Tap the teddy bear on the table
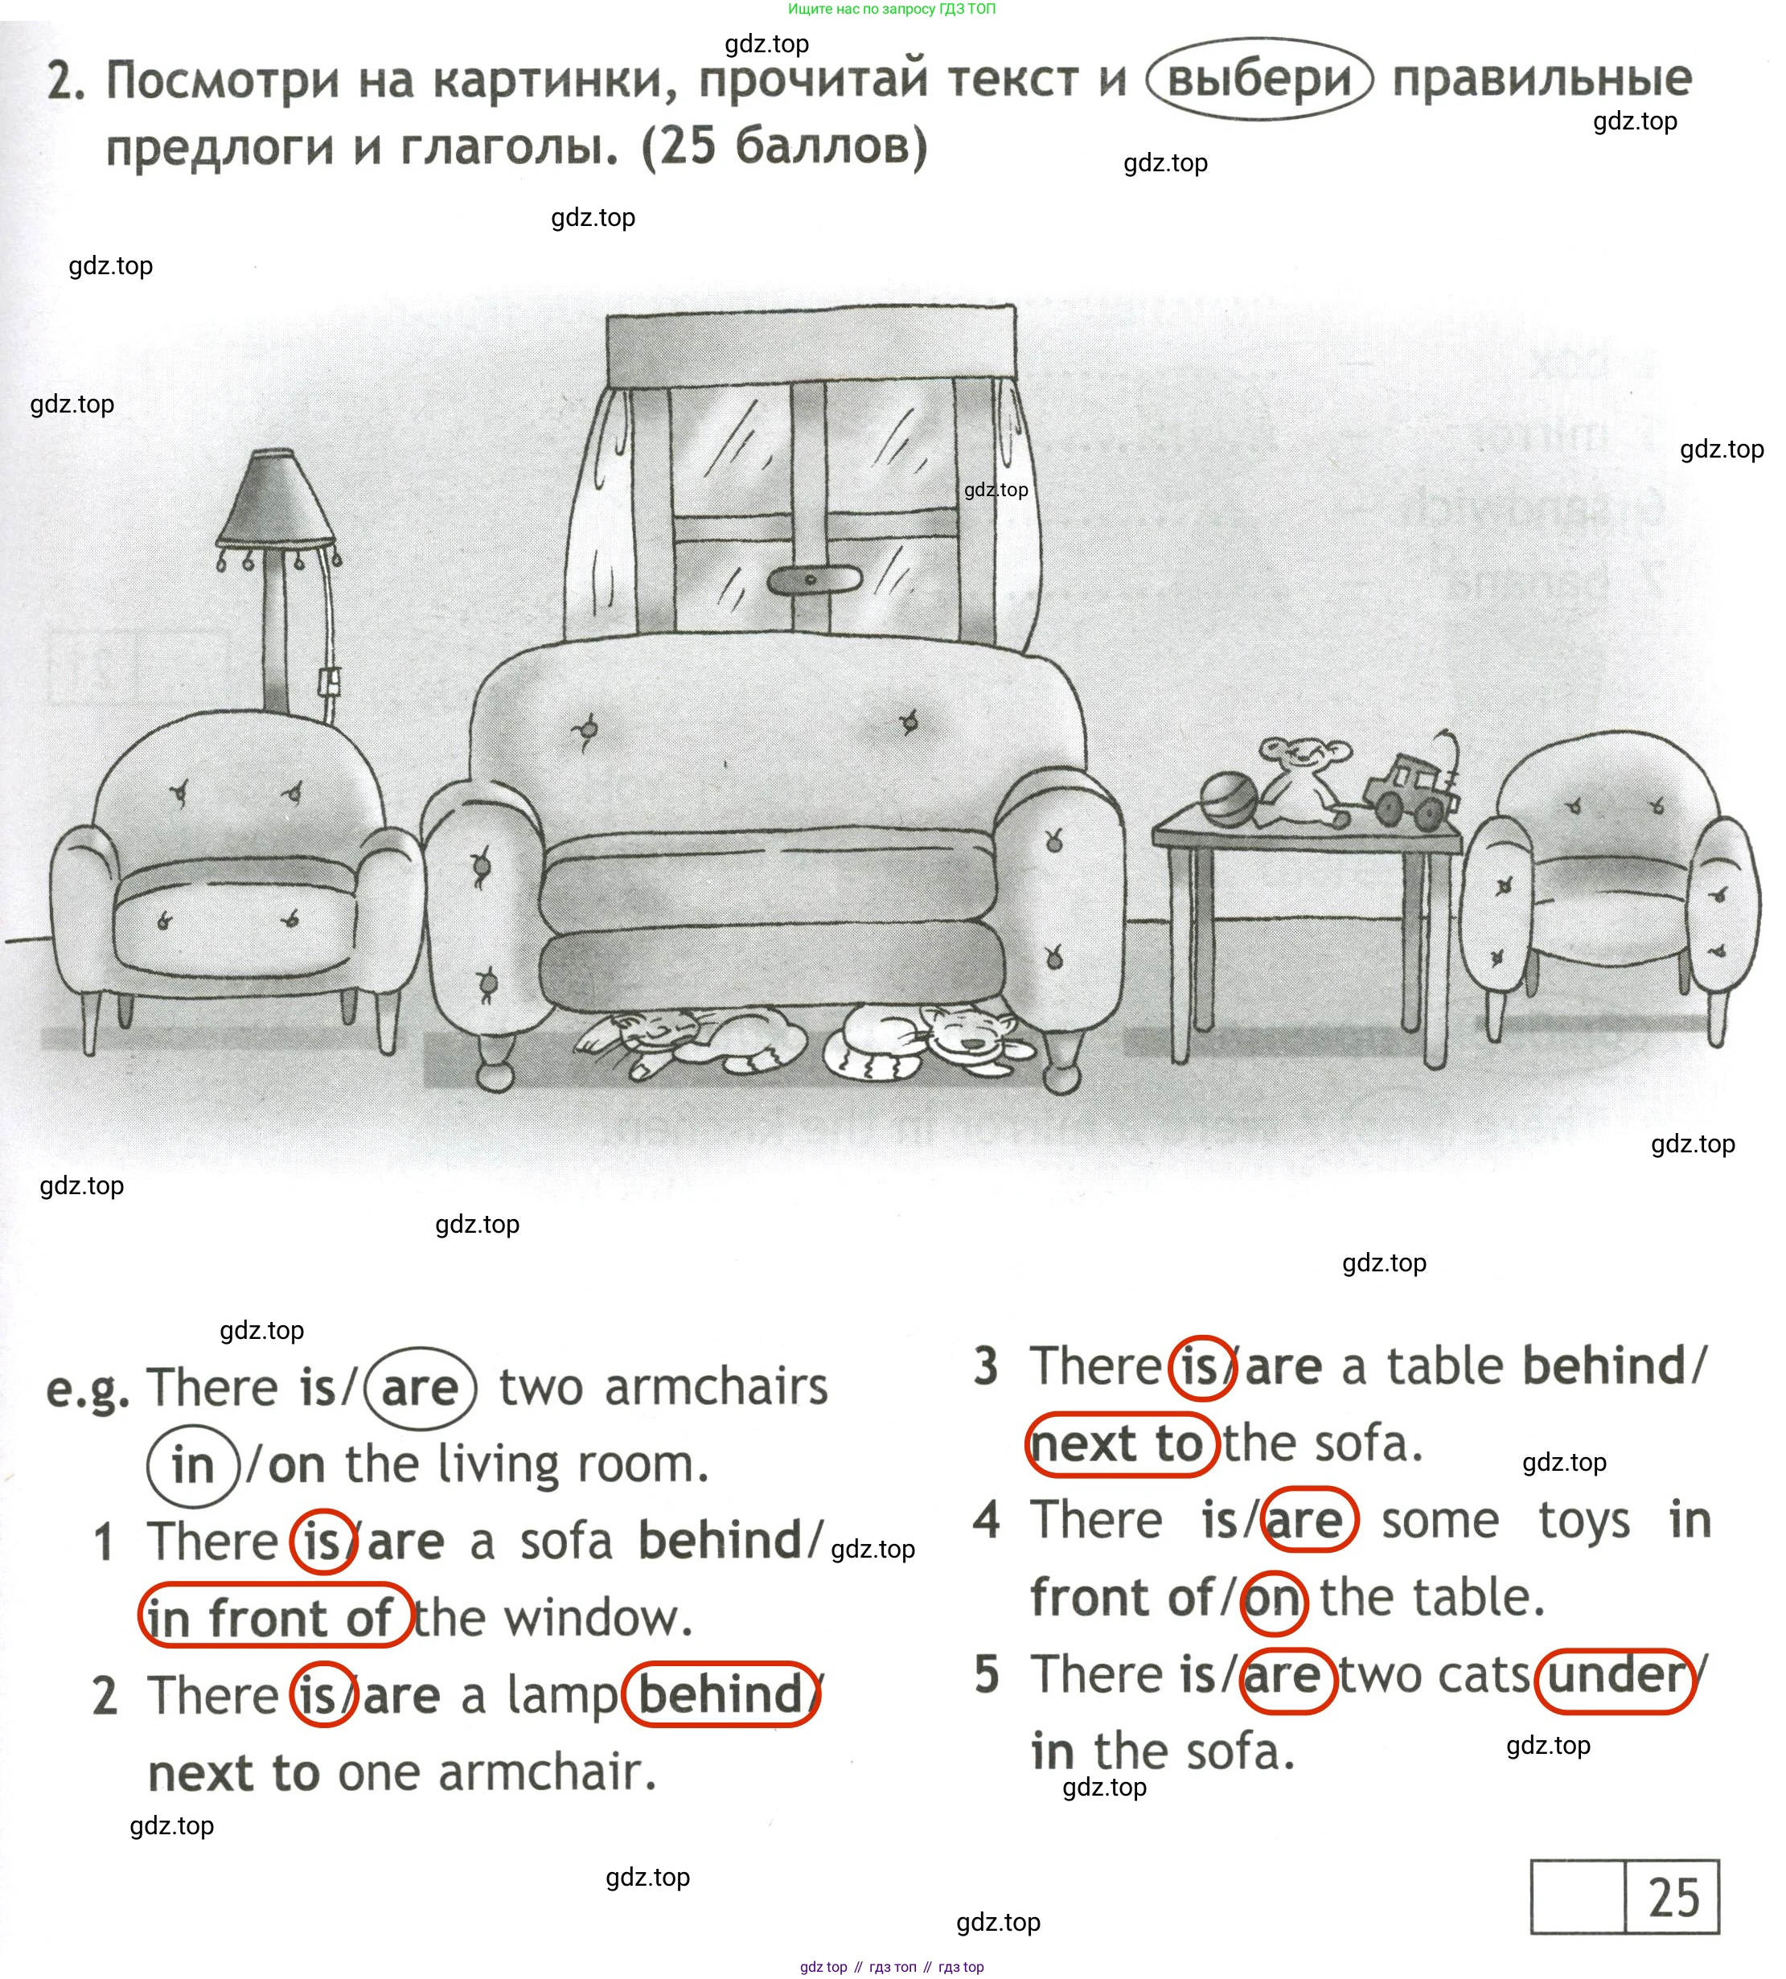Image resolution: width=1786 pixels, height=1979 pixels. click(x=1304, y=780)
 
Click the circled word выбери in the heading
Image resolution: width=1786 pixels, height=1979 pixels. click(x=1259, y=80)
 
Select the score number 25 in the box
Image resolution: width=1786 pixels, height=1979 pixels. click(x=1673, y=1897)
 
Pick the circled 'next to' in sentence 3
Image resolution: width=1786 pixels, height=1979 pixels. click(x=1121, y=1443)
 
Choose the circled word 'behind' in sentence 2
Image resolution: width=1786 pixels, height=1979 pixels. click(x=721, y=1694)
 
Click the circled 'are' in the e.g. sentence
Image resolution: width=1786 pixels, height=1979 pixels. click(x=420, y=1387)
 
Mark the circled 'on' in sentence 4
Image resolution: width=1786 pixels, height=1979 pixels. click(x=1273, y=1599)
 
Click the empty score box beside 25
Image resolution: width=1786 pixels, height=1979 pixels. click(x=1577, y=1898)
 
